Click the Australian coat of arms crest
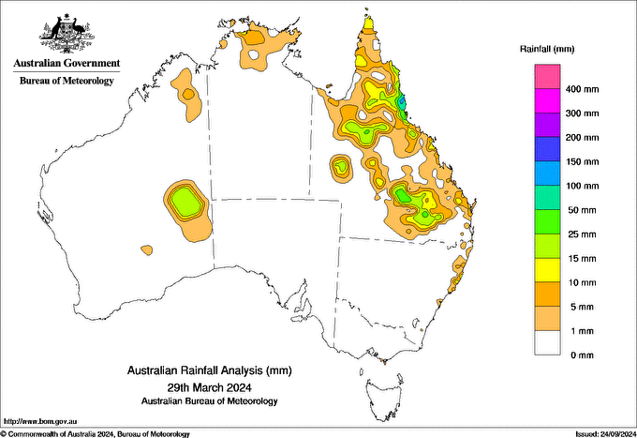tap(67, 32)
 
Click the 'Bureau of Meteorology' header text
tap(67, 82)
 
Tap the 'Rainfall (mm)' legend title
tap(552, 48)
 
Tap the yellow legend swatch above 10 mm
tap(548, 269)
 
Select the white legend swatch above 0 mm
tap(548, 342)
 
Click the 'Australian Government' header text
tap(67, 64)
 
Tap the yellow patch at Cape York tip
tap(369, 23)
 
